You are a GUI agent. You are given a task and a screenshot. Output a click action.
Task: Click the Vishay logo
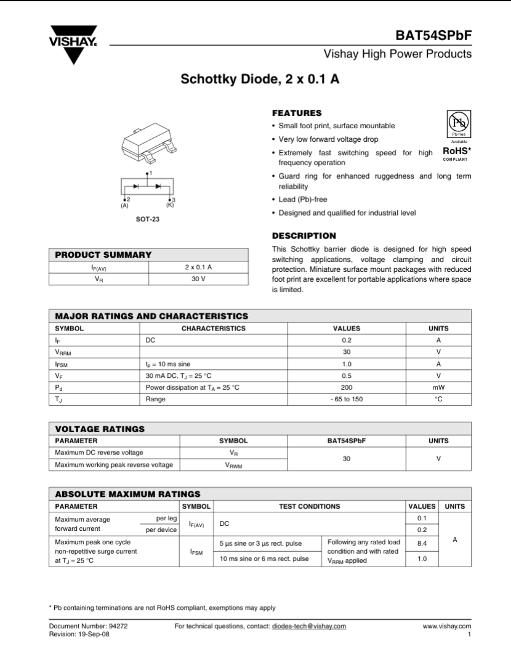point(73,44)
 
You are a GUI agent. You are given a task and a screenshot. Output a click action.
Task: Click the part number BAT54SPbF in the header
point(435,36)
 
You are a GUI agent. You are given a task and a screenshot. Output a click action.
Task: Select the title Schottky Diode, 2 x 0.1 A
point(260,80)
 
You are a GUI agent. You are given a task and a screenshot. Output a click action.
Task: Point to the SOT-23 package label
point(148,219)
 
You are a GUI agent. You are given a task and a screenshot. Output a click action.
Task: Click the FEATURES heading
point(297,113)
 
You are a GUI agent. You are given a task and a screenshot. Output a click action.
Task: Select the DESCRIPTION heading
point(304,236)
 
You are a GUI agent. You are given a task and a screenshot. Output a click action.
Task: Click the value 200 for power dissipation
point(347,387)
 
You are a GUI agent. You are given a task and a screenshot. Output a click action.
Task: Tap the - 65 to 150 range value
point(347,399)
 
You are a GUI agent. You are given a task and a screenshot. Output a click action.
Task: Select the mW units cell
point(438,387)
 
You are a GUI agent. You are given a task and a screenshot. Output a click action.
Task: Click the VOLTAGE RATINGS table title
point(100,428)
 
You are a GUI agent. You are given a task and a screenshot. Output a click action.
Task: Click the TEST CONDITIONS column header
point(309,506)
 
